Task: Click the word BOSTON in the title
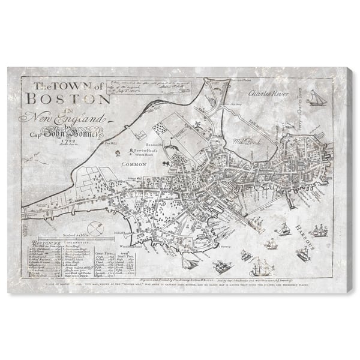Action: point(66,98)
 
